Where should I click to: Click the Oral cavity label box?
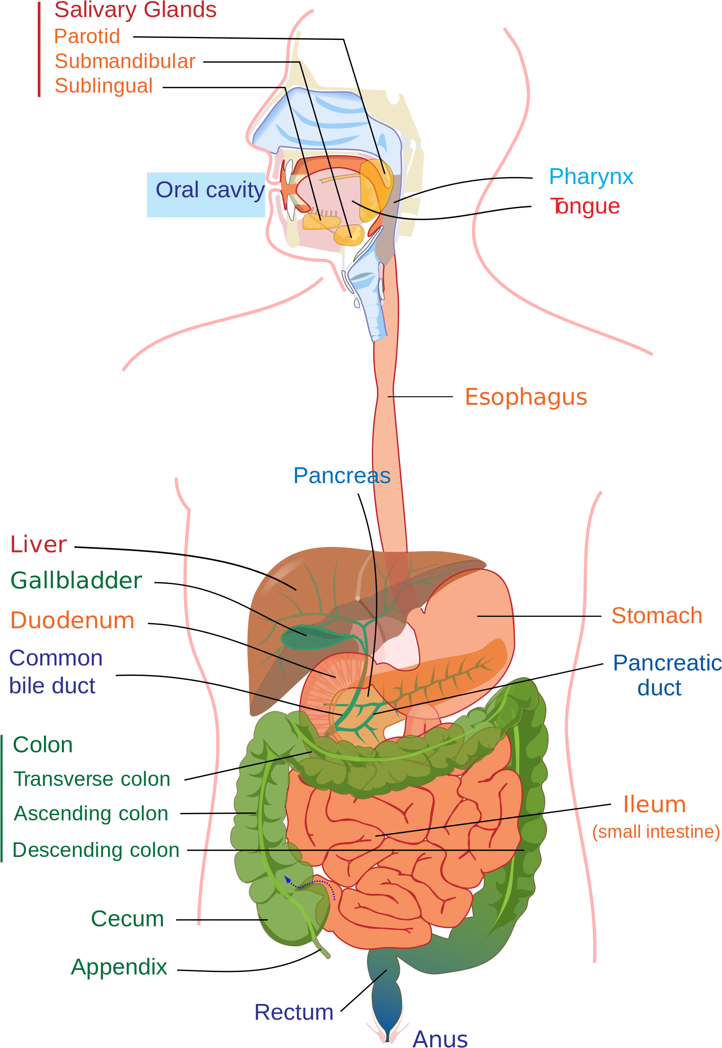coord(206,194)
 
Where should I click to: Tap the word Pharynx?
coord(591,176)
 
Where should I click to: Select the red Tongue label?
coord(585,206)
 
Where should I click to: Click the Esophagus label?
coord(526,397)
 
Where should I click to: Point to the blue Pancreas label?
coord(342,476)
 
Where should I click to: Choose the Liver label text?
coord(39,544)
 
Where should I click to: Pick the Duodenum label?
coord(72,620)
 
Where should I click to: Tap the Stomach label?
coord(657,615)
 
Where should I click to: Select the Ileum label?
coord(654,805)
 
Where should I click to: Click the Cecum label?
coord(127,919)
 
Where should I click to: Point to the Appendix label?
coord(119,967)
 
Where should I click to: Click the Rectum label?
coord(293,1012)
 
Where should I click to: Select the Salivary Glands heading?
coord(135,10)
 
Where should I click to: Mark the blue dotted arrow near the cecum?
coord(312,883)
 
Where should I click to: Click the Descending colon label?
coord(96,850)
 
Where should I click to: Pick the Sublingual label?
coord(103,86)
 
